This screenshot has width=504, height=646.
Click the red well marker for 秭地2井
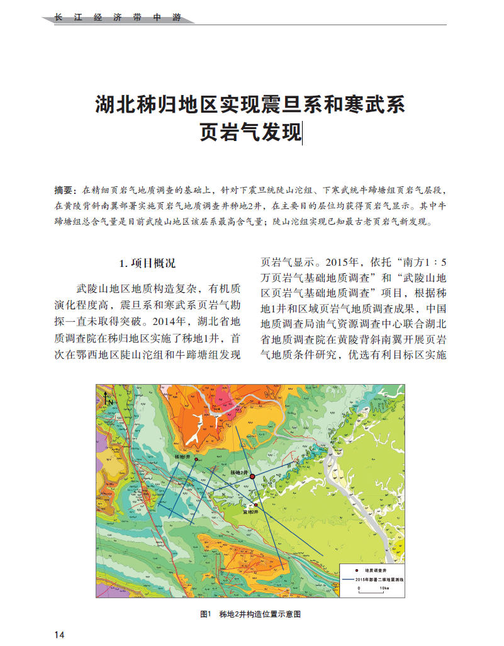click(252, 477)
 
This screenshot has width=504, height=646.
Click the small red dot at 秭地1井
click(196, 460)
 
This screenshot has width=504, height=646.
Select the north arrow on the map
click(108, 397)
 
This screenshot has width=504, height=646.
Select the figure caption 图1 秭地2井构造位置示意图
click(250, 614)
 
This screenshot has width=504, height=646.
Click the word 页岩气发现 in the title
click(250, 133)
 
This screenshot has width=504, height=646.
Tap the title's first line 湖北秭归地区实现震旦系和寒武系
click(250, 103)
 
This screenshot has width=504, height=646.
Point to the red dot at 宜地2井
click(256, 504)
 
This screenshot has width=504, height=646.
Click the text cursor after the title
click(303, 133)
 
